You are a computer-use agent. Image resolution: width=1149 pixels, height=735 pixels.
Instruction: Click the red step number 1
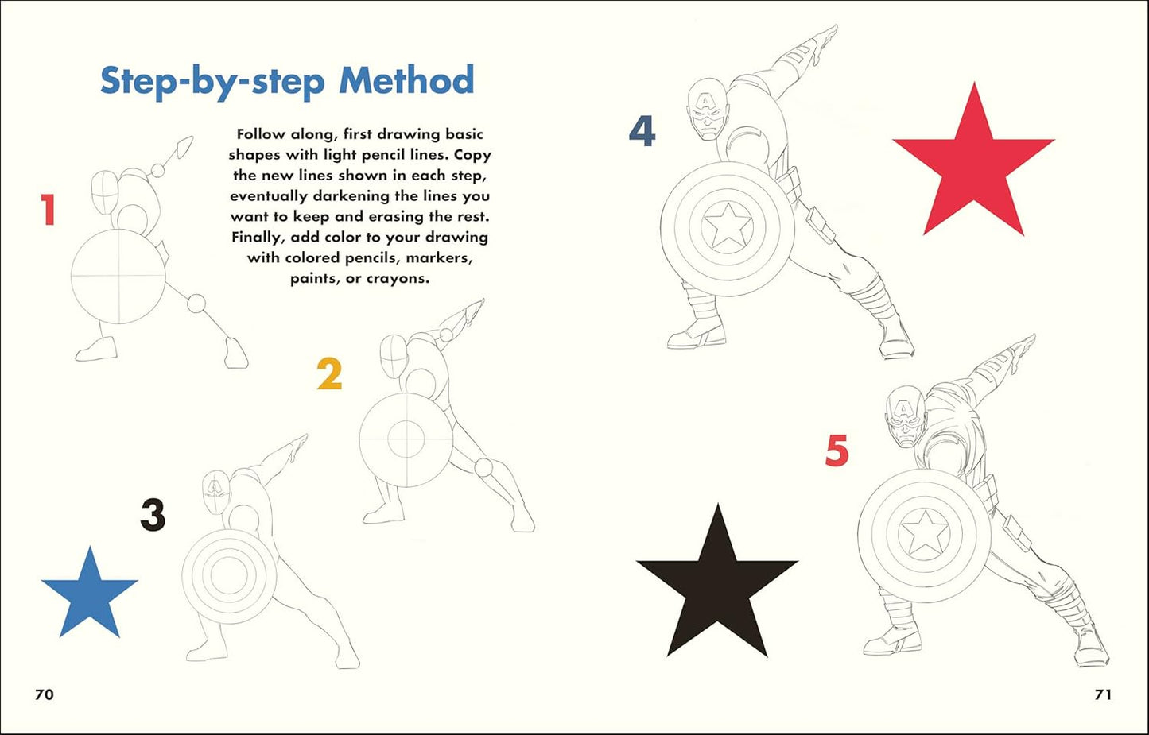tap(49, 211)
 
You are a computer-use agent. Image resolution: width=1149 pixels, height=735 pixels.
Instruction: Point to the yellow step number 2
tap(329, 374)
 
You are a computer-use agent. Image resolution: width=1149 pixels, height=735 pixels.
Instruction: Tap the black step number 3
tap(153, 515)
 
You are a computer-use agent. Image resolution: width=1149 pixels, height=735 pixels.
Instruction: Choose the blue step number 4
tap(642, 131)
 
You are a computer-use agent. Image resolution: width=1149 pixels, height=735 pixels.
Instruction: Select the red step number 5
tap(837, 451)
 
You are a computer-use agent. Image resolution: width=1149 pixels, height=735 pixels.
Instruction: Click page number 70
tap(45, 694)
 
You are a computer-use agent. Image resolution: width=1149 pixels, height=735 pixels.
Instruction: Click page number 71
tap(1103, 694)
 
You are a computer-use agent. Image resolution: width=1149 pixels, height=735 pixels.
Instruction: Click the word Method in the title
tap(406, 81)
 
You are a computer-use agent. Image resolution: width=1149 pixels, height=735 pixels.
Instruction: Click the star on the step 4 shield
tap(728, 226)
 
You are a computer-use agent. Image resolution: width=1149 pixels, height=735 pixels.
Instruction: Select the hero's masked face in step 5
tap(905, 422)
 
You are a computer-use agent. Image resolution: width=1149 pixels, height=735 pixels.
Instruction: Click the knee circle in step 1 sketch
tap(196, 304)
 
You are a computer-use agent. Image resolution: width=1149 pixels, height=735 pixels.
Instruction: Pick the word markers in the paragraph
tap(439, 258)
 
